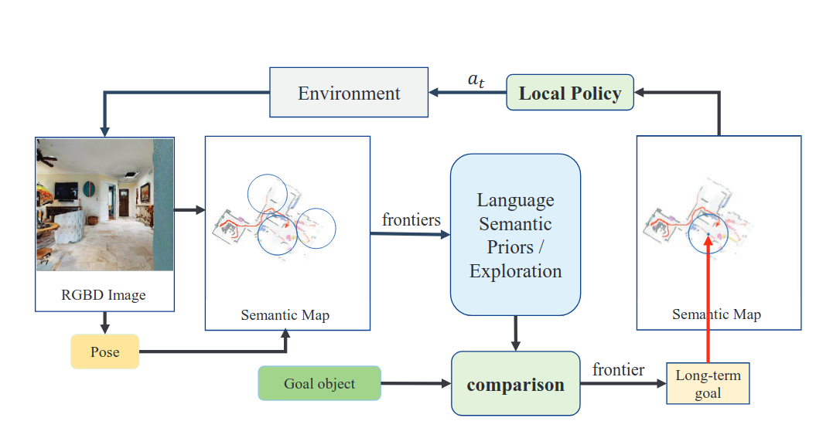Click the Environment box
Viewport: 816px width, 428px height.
coord(349,93)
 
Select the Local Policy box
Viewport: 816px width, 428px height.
coord(569,93)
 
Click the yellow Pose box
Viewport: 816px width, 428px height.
coord(104,352)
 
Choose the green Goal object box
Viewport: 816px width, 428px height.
coord(319,384)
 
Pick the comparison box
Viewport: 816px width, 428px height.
coord(515,384)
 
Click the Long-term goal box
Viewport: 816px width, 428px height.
coord(708,384)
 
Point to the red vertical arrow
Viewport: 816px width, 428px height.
coord(708,301)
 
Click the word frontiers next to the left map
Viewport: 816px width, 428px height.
coord(411,220)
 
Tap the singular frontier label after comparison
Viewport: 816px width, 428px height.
coord(618,370)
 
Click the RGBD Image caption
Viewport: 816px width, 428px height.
coord(103,294)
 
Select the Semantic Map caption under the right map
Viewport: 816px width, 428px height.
coord(716,314)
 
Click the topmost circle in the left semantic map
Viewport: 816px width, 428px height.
coord(267,193)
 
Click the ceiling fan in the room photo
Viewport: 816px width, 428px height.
coord(48,159)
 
